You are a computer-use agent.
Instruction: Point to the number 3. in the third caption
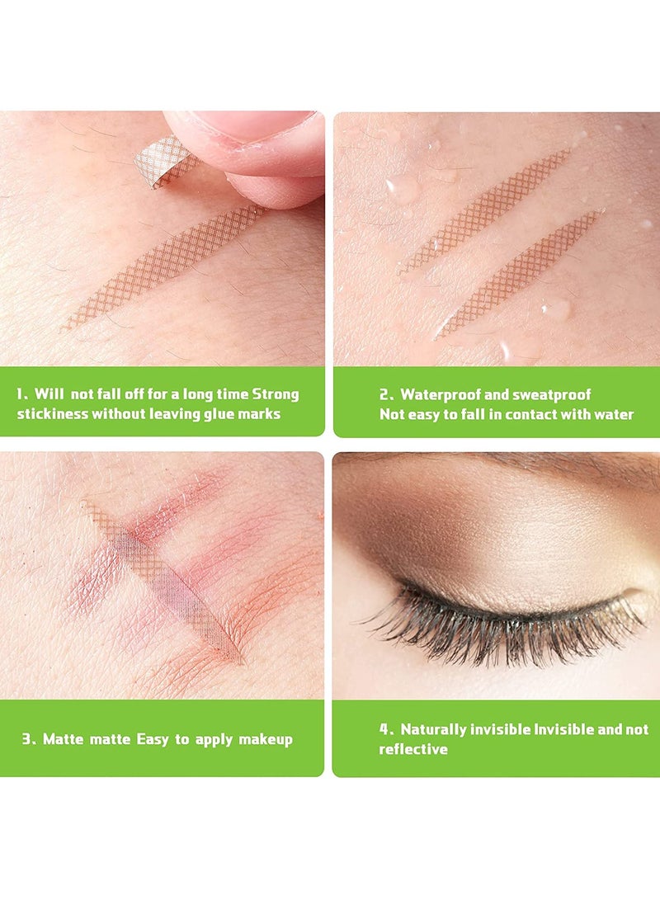pyautogui.click(x=29, y=739)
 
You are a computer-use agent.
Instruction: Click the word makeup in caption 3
pyautogui.click(x=266, y=739)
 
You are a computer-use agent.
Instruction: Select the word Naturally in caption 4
pyautogui.click(x=434, y=729)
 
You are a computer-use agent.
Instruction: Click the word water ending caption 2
pyautogui.click(x=614, y=414)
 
